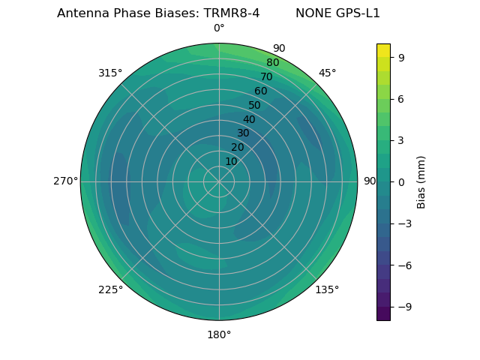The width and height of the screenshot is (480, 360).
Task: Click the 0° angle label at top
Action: click(219, 28)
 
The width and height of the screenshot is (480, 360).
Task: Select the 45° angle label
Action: click(327, 73)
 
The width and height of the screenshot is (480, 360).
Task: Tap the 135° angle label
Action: click(327, 289)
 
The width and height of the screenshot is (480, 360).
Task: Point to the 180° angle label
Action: click(219, 334)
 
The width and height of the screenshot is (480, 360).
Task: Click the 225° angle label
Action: click(110, 289)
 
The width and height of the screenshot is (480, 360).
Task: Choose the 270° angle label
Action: click(65, 181)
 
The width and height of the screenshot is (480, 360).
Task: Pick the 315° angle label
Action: click(110, 73)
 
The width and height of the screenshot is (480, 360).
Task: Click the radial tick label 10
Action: click(231, 161)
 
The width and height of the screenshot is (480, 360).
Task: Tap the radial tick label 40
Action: click(249, 119)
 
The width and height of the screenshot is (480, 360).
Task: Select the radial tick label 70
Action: click(267, 76)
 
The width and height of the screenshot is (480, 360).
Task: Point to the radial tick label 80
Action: click(273, 62)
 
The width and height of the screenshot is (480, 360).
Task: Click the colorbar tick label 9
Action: click(401, 57)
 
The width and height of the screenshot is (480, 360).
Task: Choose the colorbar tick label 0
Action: click(401, 181)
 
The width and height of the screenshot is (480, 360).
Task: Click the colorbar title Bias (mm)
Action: click(421, 181)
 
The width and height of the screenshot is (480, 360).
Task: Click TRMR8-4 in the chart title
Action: click(232, 13)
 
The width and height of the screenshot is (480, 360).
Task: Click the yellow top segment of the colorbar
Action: click(383, 50)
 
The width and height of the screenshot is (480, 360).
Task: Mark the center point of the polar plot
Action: click(219, 181)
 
